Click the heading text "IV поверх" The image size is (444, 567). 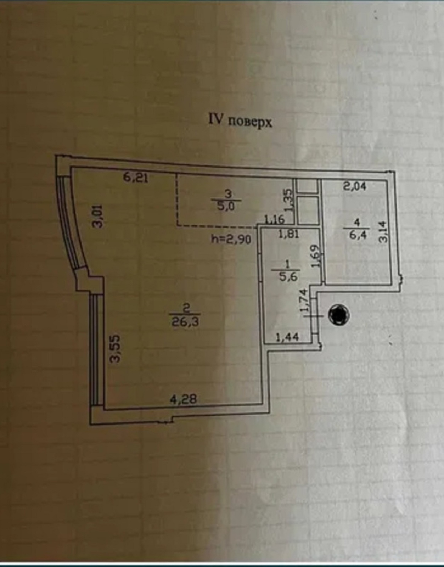coord(240,121)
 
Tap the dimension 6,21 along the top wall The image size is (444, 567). coord(136,178)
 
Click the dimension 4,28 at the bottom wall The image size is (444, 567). coord(183,399)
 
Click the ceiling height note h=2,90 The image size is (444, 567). coord(231,239)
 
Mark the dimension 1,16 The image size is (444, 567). coord(274,220)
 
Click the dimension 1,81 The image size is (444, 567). coord(289,234)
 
